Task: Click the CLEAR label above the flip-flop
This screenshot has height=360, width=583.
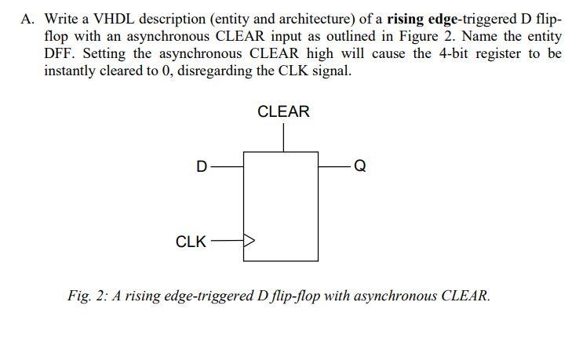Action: pyautogui.click(x=283, y=112)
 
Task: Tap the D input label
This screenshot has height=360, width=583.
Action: pyautogui.click(x=202, y=166)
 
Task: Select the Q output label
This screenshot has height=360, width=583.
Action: pyautogui.click(x=359, y=166)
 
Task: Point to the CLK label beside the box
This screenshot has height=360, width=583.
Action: pyautogui.click(x=191, y=242)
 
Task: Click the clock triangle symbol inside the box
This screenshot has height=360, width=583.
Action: pyautogui.click(x=250, y=241)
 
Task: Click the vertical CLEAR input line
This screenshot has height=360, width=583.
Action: pyautogui.click(x=283, y=138)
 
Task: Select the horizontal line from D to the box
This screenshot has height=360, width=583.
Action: pyautogui.click(x=228, y=166)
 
